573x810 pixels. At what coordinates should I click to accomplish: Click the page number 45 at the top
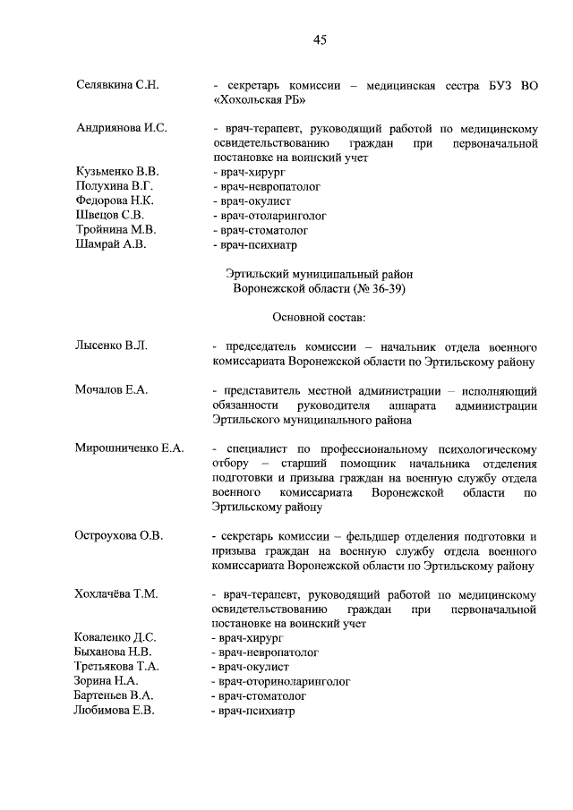coord(321,38)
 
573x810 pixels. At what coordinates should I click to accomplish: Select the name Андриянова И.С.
coord(122,128)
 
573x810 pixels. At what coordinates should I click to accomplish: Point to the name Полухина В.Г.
coord(116,185)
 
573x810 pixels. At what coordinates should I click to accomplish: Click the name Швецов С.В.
coord(109,215)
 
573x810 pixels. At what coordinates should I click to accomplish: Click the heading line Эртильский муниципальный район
coord(320,274)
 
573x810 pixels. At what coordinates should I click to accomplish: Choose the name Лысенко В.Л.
coord(112,346)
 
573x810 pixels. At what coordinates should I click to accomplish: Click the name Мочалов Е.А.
coord(112,389)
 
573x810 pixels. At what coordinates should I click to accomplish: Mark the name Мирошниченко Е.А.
coord(130,448)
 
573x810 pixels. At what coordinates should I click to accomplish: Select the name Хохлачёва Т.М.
coord(115,593)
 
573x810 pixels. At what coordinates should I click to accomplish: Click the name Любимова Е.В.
coord(115,710)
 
